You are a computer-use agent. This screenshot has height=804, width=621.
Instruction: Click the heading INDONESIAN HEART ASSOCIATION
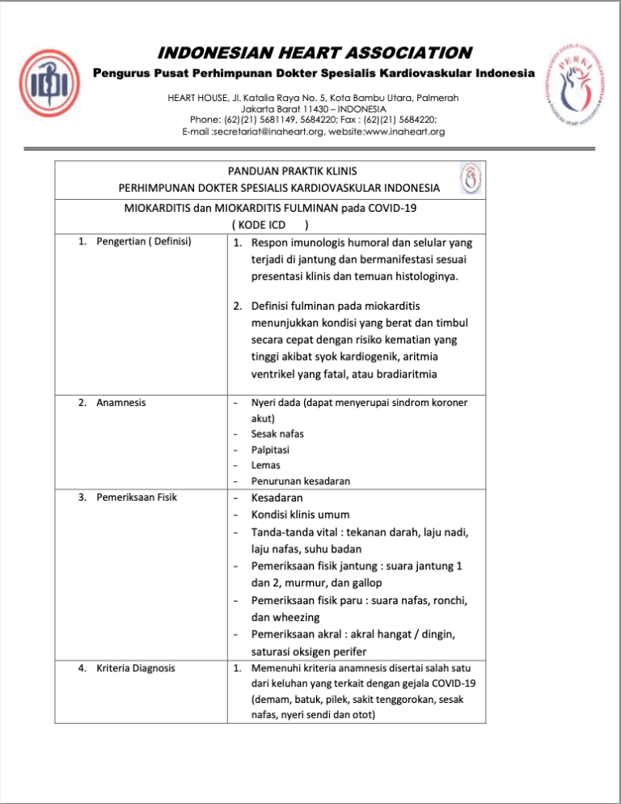coord(315,53)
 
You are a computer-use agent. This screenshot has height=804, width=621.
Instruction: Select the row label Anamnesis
coord(120,401)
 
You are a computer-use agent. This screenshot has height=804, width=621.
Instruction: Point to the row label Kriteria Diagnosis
coord(135,668)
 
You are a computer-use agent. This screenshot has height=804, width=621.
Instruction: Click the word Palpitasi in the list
coord(271,449)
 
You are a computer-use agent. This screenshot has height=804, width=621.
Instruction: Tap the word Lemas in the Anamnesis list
coord(265,465)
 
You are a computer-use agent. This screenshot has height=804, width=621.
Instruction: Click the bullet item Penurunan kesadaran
coord(300,481)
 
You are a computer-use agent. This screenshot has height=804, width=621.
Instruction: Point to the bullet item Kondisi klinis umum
coord(306,514)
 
